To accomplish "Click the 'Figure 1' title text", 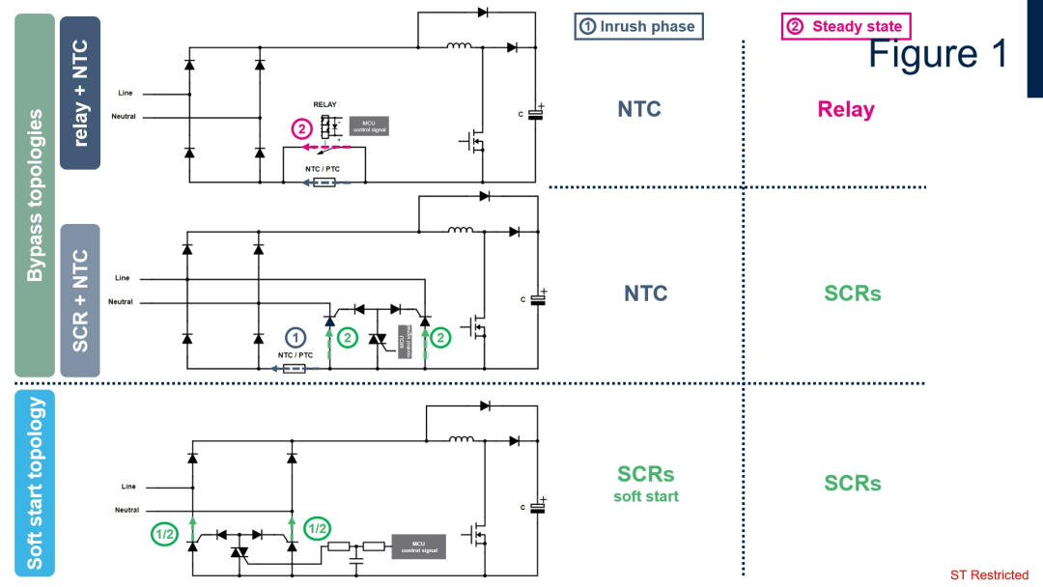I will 938,54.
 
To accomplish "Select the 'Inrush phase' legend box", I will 638,26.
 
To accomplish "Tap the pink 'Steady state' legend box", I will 846,26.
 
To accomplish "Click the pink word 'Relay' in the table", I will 846,109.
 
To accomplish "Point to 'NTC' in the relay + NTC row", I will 639,109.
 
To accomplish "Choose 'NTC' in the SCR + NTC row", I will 645,293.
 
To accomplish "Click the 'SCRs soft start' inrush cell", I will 646,483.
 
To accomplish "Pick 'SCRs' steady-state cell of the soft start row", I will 853,483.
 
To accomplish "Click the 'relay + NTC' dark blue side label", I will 80,93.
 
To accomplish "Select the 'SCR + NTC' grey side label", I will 80,300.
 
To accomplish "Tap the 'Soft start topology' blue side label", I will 35,484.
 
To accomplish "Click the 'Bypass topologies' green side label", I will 35,195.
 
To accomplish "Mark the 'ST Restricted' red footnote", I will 990,575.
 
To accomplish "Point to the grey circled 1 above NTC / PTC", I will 296,337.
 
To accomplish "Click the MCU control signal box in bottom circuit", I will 418,547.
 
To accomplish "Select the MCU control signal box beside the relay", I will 369,125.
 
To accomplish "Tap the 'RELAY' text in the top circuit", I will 325,104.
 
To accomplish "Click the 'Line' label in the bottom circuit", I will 128,487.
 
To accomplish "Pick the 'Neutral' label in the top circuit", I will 124,117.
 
